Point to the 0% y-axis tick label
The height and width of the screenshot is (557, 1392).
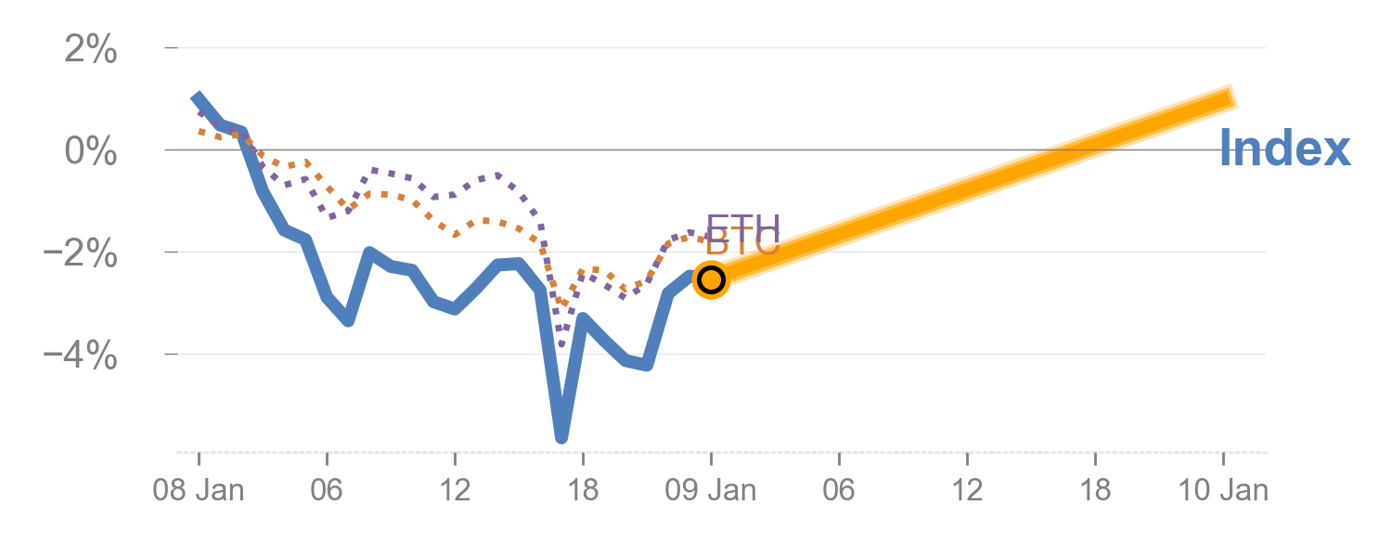90,150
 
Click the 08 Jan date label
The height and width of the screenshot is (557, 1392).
199,490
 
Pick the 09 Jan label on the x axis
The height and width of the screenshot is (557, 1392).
711,490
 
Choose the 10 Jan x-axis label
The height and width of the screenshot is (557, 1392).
1223,490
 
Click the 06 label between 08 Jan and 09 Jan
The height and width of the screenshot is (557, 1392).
327,490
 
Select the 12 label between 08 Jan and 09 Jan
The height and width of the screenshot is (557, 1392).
455,490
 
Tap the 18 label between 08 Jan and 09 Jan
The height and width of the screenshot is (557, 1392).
583,490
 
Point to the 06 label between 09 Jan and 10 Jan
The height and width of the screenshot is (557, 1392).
839,490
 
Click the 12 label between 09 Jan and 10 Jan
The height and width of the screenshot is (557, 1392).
967,490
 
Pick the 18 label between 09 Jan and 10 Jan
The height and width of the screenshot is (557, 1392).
1095,490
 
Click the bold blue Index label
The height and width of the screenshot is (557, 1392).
1284,149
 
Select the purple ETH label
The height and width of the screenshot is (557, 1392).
742,226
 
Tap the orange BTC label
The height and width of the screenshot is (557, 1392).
742,245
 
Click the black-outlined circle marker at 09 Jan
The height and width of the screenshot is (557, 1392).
711,278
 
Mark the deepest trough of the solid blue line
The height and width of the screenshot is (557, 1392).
561,437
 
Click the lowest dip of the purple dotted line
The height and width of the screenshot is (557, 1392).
561,345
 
